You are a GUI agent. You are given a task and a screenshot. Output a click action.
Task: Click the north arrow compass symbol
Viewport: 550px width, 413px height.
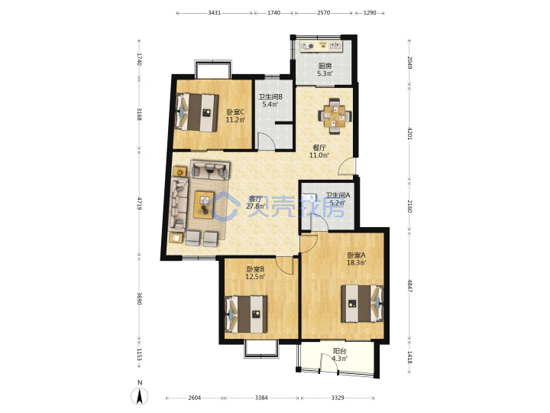[x=140, y=396]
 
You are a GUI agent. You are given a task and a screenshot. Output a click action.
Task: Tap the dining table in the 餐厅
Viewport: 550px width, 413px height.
[x=335, y=116]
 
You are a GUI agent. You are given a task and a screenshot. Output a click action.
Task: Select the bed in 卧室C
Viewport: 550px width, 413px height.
[x=197, y=112]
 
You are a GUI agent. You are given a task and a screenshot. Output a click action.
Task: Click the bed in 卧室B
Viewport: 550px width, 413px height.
[x=246, y=314]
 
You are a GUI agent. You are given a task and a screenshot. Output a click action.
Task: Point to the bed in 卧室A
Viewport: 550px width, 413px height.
[x=362, y=304]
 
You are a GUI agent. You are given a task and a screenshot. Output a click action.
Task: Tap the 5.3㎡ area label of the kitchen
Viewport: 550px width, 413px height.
[x=325, y=73]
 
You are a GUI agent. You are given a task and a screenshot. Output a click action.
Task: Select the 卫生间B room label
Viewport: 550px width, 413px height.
[x=270, y=96]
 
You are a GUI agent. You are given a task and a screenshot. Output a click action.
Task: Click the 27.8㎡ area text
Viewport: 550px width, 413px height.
[x=256, y=206]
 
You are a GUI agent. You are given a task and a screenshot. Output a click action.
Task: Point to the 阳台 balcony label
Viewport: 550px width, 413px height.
[x=339, y=351]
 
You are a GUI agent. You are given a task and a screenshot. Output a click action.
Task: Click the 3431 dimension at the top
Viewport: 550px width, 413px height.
[x=215, y=13]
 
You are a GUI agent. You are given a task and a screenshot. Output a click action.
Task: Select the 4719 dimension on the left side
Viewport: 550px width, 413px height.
[x=139, y=203]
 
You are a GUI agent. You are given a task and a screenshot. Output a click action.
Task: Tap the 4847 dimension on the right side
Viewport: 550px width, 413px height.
[x=409, y=285]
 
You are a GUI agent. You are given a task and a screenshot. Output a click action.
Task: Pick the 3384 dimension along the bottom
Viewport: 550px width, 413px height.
[x=261, y=398]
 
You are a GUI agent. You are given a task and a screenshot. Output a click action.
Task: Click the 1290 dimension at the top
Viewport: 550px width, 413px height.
[x=370, y=13]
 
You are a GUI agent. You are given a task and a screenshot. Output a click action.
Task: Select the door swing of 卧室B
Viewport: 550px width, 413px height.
[x=284, y=265]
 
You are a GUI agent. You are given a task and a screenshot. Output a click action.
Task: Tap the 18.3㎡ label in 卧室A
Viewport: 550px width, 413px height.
[x=357, y=262]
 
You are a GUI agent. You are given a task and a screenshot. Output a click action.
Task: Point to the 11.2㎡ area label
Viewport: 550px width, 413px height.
[x=235, y=120]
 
